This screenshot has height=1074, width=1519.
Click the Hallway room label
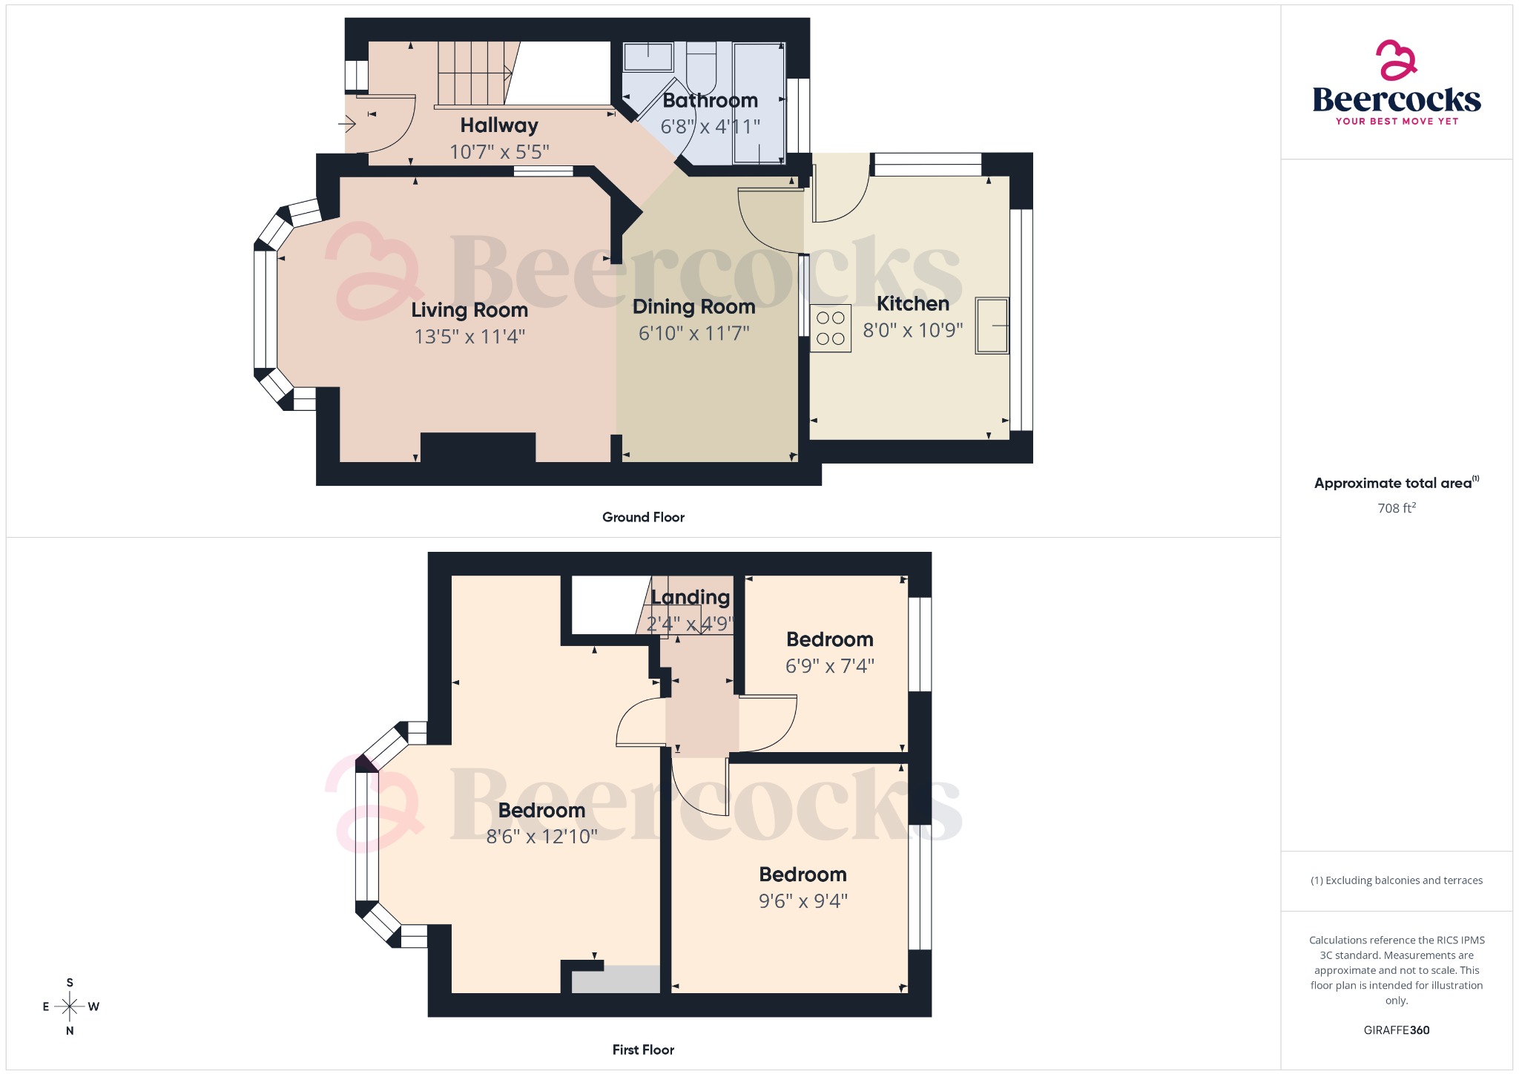[498, 125]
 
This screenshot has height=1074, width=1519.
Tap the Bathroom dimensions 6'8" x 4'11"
[710, 127]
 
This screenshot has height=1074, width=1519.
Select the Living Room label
[469, 310]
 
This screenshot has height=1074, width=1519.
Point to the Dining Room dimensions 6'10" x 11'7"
[693, 333]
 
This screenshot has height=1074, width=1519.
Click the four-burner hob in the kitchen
[830, 328]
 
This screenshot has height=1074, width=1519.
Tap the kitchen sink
[992, 326]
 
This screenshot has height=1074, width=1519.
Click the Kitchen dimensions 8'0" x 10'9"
[912, 330]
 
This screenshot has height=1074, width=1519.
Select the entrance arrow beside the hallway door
[347, 123]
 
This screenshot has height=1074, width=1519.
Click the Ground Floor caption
[643, 517]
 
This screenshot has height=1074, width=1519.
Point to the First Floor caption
[643, 1050]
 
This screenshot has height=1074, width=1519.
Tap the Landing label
[690, 597]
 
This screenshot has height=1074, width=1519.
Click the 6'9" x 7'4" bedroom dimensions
[829, 666]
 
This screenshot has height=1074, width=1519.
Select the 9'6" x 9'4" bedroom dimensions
[803, 900]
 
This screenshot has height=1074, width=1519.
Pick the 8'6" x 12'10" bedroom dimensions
[541, 837]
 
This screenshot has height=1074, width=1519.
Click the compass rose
[70, 1007]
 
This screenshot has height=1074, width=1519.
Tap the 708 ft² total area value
[1396, 508]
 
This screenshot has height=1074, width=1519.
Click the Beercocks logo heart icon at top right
[1396, 60]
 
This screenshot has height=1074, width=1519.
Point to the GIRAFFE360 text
[1396, 1029]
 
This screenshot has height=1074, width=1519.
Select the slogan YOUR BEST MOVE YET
[1396, 122]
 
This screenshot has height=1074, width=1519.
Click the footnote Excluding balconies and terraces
[1396, 880]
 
